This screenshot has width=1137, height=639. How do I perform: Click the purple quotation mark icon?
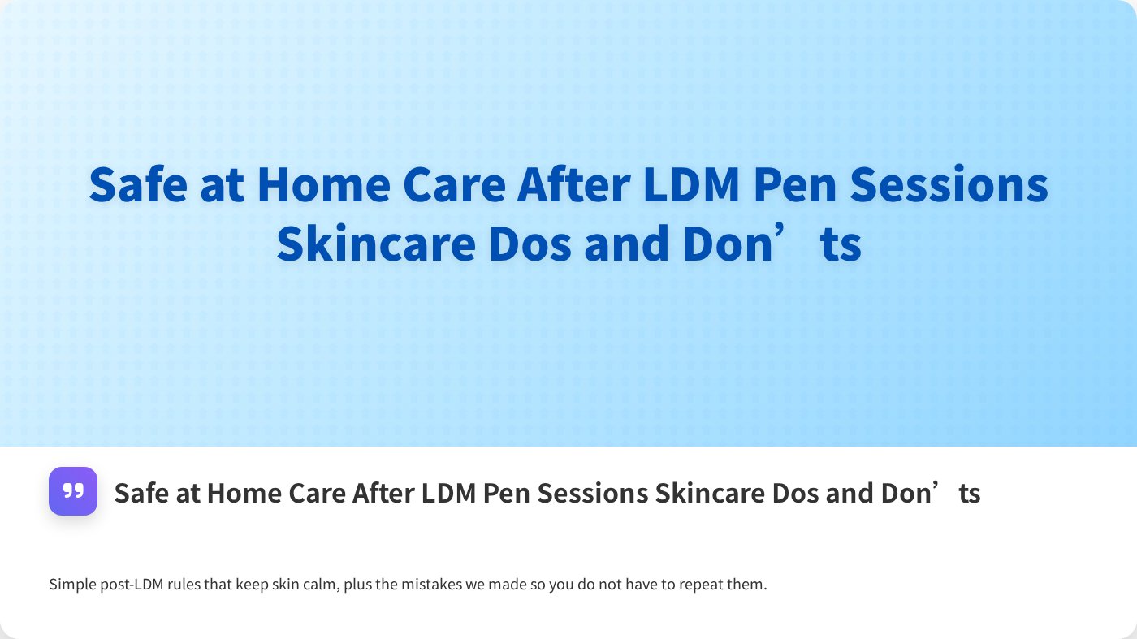coord(73,491)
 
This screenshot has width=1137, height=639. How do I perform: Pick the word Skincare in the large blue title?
coord(375,244)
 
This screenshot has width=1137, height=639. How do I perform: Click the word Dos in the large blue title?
coord(531,244)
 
